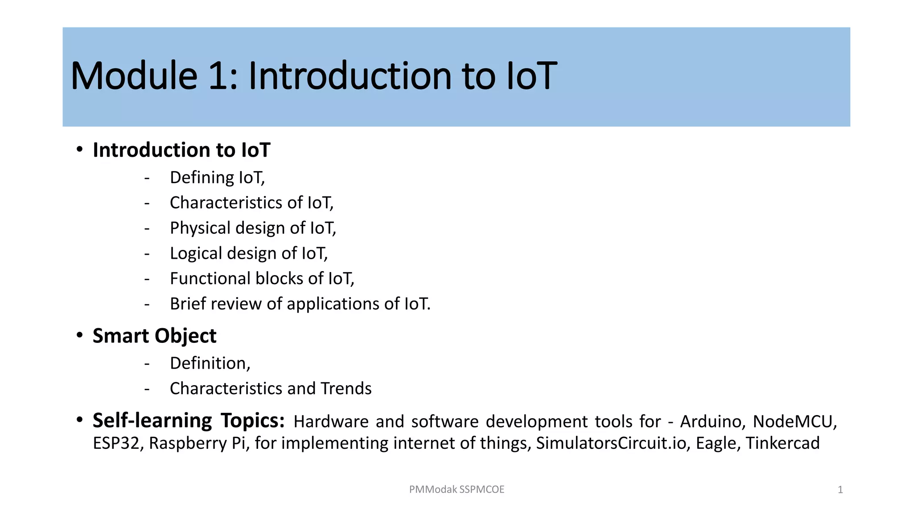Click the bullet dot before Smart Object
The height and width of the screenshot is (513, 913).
(79, 335)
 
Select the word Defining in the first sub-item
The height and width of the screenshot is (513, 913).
(202, 178)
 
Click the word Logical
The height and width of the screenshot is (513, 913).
(196, 253)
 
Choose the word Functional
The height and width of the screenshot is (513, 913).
(210, 279)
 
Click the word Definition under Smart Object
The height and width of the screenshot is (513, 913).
(210, 363)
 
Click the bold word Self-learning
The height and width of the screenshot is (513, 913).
(152, 420)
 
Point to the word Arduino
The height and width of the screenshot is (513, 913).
(712, 421)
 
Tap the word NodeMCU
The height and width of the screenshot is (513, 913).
(794, 421)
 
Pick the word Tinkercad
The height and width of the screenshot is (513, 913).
(782, 444)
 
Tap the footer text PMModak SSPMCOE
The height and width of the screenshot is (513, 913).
(456, 489)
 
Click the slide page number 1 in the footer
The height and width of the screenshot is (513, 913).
(840, 490)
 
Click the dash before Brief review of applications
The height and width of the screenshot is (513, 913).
(147, 305)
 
